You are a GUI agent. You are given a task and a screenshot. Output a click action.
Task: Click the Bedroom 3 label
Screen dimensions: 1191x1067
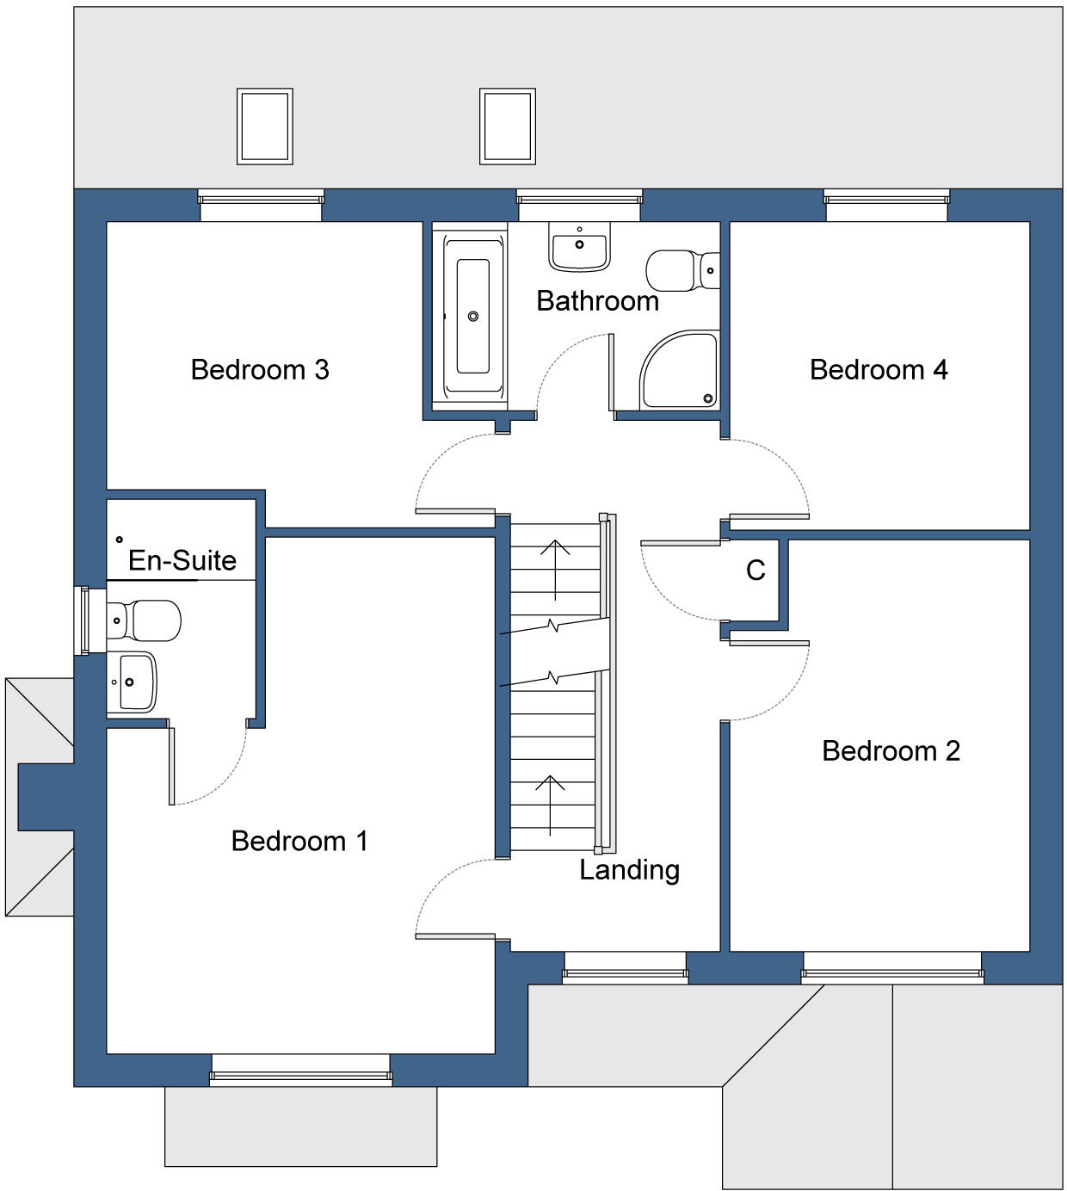(259, 370)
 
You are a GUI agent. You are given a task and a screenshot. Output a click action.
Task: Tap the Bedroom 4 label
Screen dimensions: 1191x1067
(878, 370)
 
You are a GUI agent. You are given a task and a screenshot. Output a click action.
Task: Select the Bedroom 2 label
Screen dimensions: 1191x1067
(891, 751)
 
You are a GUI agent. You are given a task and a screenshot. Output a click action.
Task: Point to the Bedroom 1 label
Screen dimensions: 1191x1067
(299, 841)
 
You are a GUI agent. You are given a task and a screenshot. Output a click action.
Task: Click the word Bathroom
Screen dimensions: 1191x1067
(597, 301)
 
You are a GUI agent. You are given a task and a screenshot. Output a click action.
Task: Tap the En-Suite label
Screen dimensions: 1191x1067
(182, 561)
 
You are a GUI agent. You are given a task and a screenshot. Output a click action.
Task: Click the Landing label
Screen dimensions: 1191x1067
(629, 870)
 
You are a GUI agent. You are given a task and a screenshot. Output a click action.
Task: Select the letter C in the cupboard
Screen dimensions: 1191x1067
(756, 571)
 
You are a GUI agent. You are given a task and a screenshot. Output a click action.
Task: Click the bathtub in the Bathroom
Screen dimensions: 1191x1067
(472, 317)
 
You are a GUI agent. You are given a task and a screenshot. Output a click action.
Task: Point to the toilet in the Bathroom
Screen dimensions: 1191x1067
(682, 270)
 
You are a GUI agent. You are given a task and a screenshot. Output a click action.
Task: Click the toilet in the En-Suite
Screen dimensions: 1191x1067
(145, 620)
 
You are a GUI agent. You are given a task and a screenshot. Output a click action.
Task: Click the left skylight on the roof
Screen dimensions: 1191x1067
(265, 127)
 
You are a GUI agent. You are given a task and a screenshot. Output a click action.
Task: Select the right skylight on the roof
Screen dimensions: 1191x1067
(508, 127)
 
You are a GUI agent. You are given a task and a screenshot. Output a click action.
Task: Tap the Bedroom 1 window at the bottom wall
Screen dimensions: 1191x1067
(300, 1071)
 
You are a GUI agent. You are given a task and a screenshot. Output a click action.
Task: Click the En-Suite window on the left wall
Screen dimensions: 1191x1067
(83, 620)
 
